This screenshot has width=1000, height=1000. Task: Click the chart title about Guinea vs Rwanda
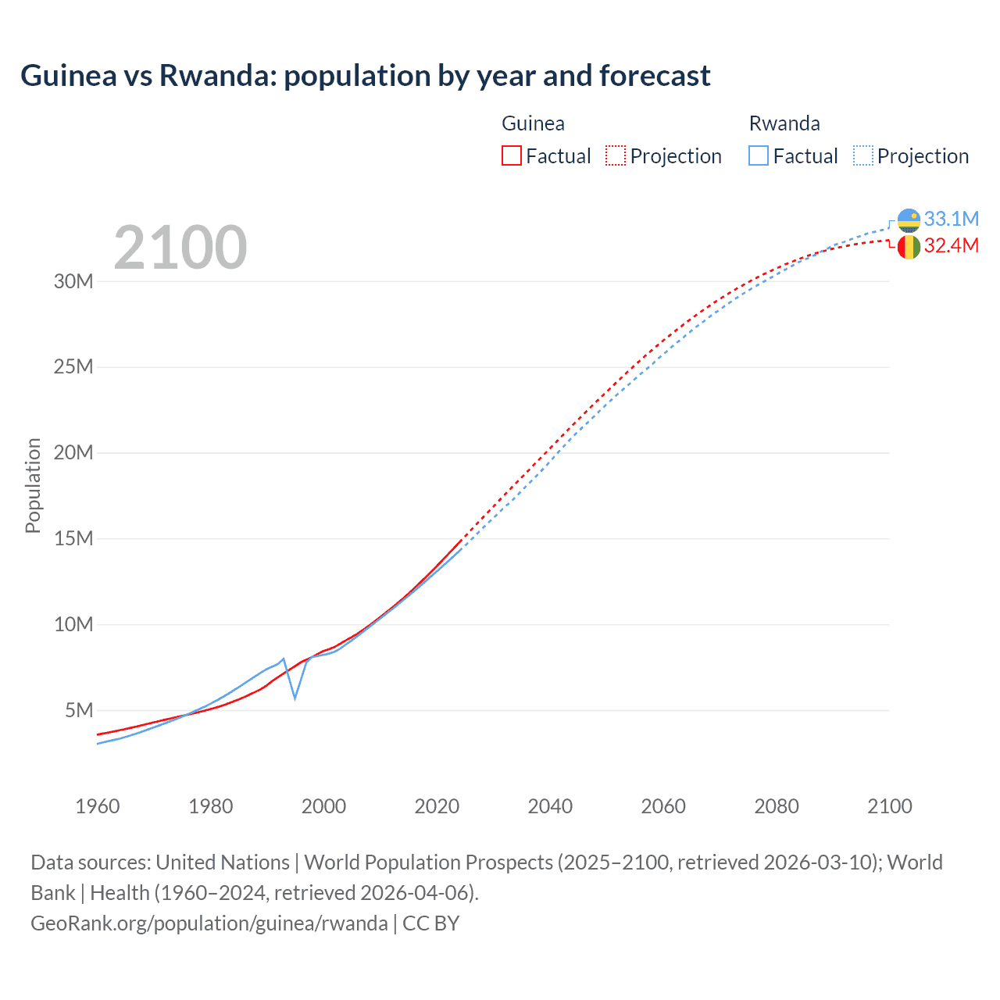click(365, 76)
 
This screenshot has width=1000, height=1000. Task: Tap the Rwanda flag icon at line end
click(909, 221)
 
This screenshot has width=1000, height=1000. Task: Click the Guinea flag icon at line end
click(909, 247)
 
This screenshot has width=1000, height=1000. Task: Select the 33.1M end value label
click(951, 219)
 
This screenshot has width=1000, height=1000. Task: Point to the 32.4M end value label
click(951, 245)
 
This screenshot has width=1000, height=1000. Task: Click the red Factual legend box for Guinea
click(511, 155)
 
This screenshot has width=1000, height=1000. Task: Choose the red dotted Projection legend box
click(616, 155)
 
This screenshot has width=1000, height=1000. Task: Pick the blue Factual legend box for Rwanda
click(758, 155)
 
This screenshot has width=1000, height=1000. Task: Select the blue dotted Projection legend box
click(862, 155)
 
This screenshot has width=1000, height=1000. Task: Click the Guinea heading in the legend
click(533, 123)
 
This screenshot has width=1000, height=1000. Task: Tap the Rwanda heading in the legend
click(784, 123)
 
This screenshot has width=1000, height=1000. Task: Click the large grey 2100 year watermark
click(180, 248)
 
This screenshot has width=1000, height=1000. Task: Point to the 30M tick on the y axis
click(73, 281)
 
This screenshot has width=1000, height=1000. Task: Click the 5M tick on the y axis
click(79, 710)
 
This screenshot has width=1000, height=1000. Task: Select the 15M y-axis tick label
click(73, 538)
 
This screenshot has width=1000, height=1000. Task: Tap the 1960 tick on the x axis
click(98, 806)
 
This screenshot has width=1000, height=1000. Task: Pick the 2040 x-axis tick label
click(550, 806)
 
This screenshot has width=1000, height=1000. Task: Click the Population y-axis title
click(33, 485)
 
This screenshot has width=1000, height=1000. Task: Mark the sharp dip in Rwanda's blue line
click(295, 697)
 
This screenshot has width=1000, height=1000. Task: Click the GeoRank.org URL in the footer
click(209, 923)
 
